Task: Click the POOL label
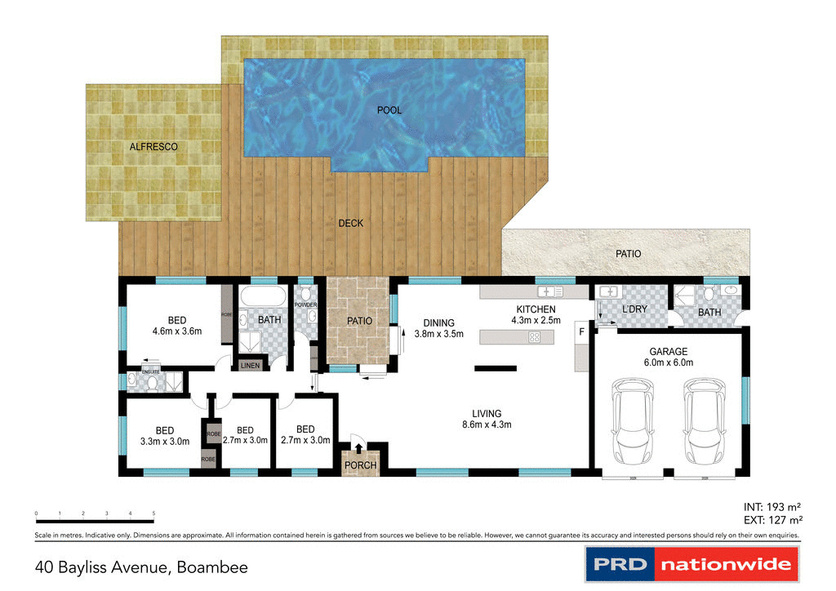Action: [389, 110]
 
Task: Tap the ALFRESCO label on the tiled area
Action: [153, 147]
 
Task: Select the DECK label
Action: [350, 223]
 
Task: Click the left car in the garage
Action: [634, 419]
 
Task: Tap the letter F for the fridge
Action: [582, 332]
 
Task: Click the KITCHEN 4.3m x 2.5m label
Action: [536, 315]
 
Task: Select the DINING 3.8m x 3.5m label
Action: [438, 328]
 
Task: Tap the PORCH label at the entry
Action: [360, 465]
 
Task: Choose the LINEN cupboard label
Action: [250, 366]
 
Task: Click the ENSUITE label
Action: [151, 371]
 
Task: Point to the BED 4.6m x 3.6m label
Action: [176, 326]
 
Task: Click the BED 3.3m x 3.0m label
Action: [164, 436]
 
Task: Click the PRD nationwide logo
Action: [691, 564]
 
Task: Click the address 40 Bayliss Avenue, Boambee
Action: [140, 566]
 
